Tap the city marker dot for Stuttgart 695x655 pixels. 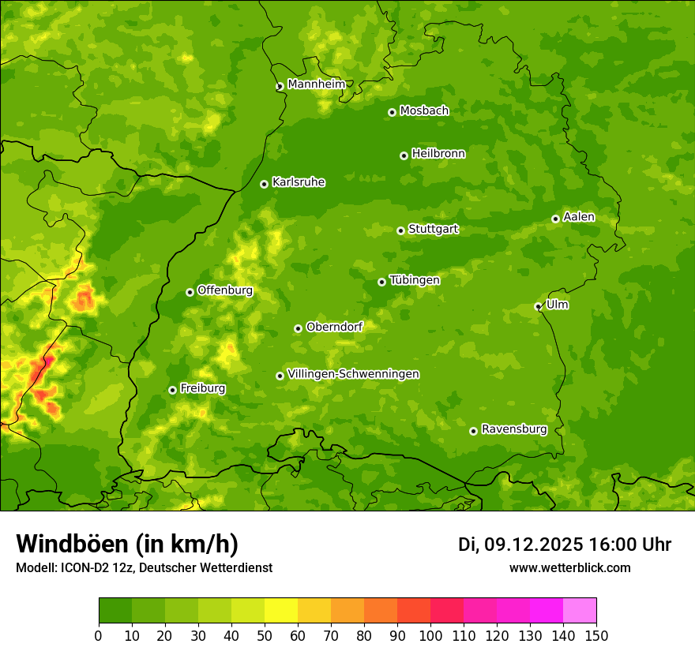click(x=400, y=230)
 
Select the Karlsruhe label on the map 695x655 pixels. click(x=299, y=182)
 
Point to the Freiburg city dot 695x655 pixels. click(x=172, y=390)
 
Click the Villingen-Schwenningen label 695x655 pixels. click(x=353, y=373)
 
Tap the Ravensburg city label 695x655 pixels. click(x=514, y=429)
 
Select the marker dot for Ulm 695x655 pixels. click(x=538, y=306)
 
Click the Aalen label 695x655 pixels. click(x=579, y=216)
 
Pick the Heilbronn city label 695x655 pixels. click(x=438, y=153)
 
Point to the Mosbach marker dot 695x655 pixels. click(x=392, y=112)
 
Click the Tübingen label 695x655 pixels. click(x=415, y=279)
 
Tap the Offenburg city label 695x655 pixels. click(x=225, y=290)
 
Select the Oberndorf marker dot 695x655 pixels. click(x=298, y=328)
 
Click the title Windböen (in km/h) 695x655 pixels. click(x=126, y=544)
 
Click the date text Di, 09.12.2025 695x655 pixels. click(x=520, y=545)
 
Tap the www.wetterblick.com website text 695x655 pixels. click(x=569, y=567)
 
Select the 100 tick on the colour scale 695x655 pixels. click(x=430, y=635)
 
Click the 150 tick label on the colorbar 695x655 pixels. click(x=596, y=635)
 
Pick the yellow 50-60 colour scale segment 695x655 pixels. click(x=281, y=610)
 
